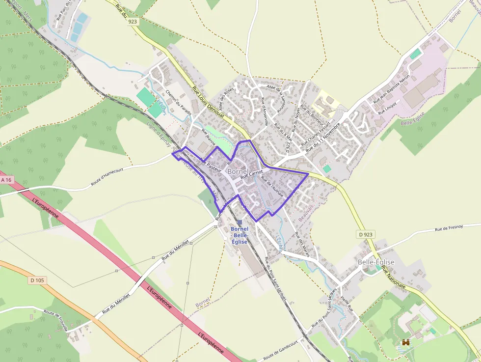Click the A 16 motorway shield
[x=6, y=180]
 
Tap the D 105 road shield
[x=37, y=280]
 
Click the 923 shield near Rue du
[x=132, y=22]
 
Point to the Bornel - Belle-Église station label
[x=240, y=236]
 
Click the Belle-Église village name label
[x=376, y=262]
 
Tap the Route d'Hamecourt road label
[x=109, y=178]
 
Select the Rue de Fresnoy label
[x=452, y=229]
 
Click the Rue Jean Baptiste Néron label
[x=391, y=89]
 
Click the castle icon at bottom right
[x=406, y=342]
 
